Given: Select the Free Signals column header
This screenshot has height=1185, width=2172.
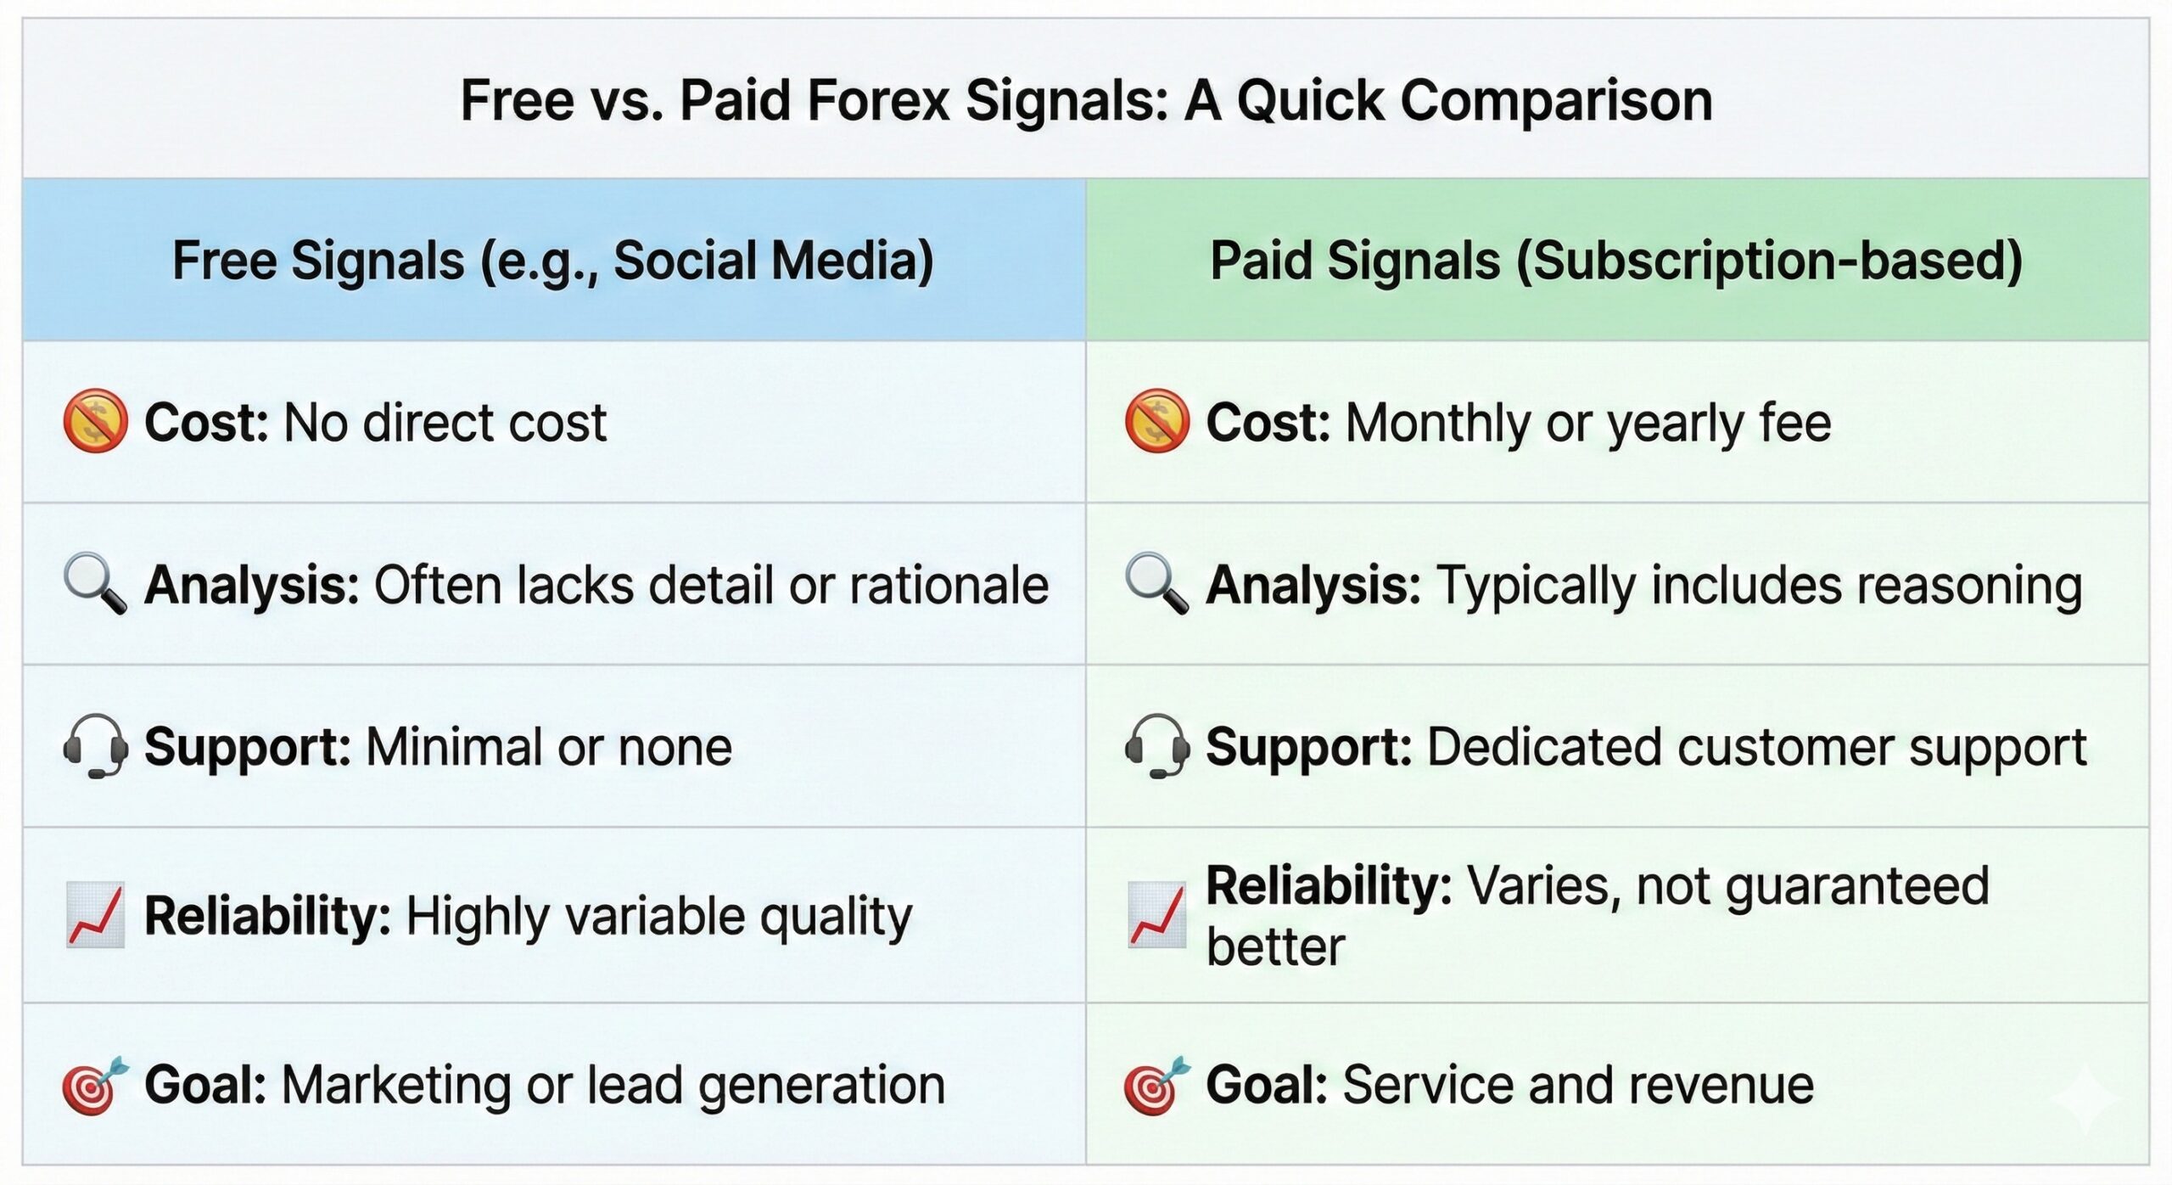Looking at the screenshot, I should tap(552, 260).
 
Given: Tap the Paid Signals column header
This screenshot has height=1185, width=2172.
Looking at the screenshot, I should tap(1615, 260).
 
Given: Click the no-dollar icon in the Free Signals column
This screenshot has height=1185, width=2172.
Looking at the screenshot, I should tap(95, 421).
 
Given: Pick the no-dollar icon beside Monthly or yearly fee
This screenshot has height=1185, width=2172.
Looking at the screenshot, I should tap(1156, 421).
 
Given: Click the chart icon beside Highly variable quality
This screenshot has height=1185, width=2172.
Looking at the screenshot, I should tap(95, 915).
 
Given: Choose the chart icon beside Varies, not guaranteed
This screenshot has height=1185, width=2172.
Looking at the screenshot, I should tap(1156, 915).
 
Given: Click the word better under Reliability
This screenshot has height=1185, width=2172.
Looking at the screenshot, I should tap(1275, 947).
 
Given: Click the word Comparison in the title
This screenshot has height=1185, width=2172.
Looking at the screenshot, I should tap(1556, 101).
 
